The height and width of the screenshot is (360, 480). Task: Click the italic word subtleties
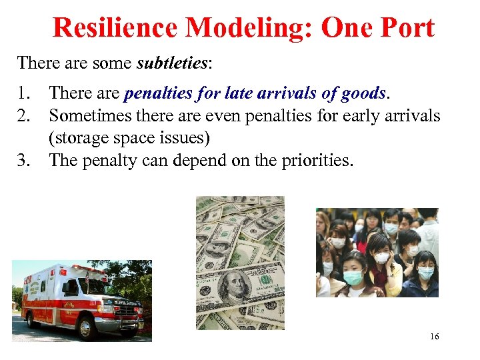point(172,63)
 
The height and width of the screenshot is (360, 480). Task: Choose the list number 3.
point(24,160)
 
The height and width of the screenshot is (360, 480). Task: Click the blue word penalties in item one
point(157,93)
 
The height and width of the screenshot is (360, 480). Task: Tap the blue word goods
point(363,93)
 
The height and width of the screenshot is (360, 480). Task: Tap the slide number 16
point(434,337)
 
